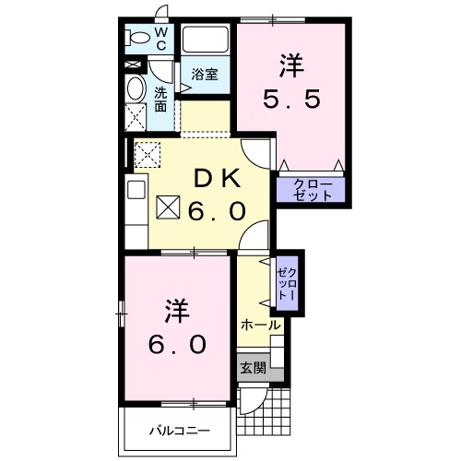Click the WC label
pos(160,38)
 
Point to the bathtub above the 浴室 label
pos(205,41)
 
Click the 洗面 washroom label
pos(160,99)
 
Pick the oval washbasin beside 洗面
pos(136,90)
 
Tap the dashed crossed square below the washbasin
pos(136,118)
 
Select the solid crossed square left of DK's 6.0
pos(169,209)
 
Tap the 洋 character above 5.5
pos(290,65)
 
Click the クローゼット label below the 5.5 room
pos(309,190)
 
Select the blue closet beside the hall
pos(287,282)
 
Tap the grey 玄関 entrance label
pos(253,366)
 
